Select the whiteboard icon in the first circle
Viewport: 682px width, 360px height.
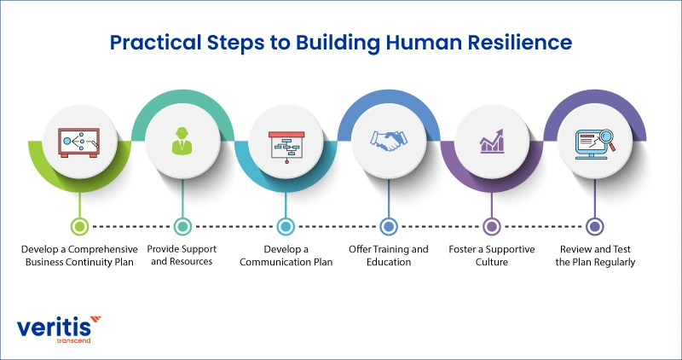(79, 142)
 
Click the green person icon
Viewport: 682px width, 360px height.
(182, 142)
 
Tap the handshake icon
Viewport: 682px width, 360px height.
(389, 142)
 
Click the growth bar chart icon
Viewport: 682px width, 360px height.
(492, 141)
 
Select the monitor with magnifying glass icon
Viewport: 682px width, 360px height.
(595, 142)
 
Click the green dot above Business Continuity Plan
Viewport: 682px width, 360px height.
(79, 226)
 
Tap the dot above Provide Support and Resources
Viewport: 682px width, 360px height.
(182, 226)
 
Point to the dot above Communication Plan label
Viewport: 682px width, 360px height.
(286, 226)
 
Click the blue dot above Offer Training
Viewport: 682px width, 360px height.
(389, 226)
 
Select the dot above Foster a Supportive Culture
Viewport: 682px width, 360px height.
(492, 226)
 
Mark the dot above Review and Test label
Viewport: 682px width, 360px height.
(595, 226)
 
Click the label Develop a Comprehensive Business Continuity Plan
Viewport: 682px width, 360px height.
(80, 256)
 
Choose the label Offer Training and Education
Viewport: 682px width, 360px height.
(389, 256)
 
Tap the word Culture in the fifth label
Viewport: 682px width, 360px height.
(491, 263)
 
